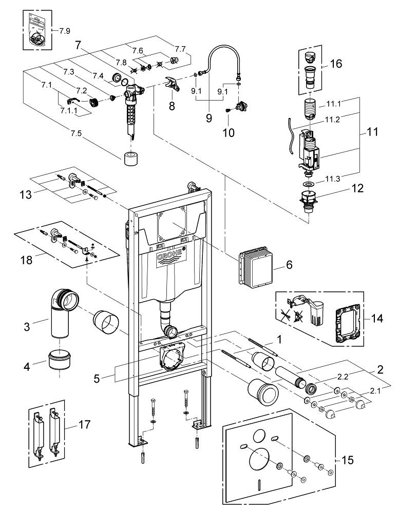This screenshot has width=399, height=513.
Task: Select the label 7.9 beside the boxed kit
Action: click(x=64, y=31)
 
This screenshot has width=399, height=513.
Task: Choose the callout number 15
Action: click(x=348, y=460)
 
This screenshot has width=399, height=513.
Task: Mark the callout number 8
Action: click(x=171, y=106)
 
